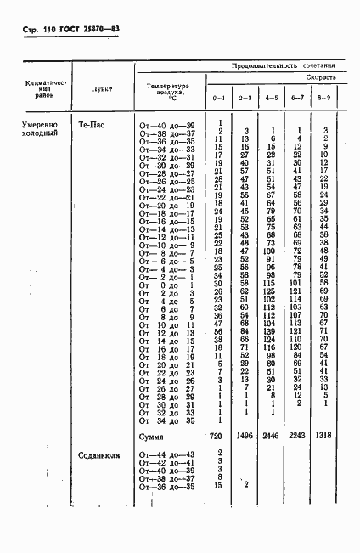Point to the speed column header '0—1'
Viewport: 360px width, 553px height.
219,99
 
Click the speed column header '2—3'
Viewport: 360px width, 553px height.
245,99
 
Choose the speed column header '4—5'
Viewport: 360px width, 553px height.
272,99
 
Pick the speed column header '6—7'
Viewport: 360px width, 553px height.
298,99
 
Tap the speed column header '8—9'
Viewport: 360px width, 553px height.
325,99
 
